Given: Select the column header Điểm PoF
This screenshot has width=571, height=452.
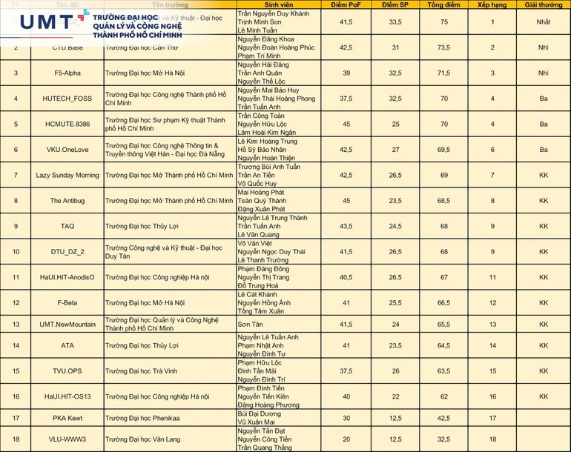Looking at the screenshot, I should (346, 4).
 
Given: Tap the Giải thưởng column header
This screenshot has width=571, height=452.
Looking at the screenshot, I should (544, 4).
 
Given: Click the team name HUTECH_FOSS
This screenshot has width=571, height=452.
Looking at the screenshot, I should (67, 99).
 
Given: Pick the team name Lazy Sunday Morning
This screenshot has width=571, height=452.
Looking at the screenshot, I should (67, 175).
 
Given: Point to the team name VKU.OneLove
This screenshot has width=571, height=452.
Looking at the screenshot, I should (67, 150).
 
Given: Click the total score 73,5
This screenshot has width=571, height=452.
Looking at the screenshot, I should (443, 47).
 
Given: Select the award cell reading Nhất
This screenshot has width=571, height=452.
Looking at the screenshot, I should (544, 22).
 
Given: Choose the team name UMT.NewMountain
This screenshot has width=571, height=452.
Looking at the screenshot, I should (67, 325).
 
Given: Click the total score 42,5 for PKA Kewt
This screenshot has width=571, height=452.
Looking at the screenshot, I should (443, 418).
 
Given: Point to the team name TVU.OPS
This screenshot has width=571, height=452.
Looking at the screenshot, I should (67, 370).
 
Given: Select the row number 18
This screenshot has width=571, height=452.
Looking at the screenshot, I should (16, 439).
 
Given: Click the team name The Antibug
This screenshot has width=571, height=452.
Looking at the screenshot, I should (67, 201).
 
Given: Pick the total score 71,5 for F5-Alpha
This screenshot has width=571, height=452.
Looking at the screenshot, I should (443, 73).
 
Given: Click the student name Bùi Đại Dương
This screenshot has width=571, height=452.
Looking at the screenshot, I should (259, 413).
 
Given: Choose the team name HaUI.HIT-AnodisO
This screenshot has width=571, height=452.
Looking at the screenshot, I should (67, 277).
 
